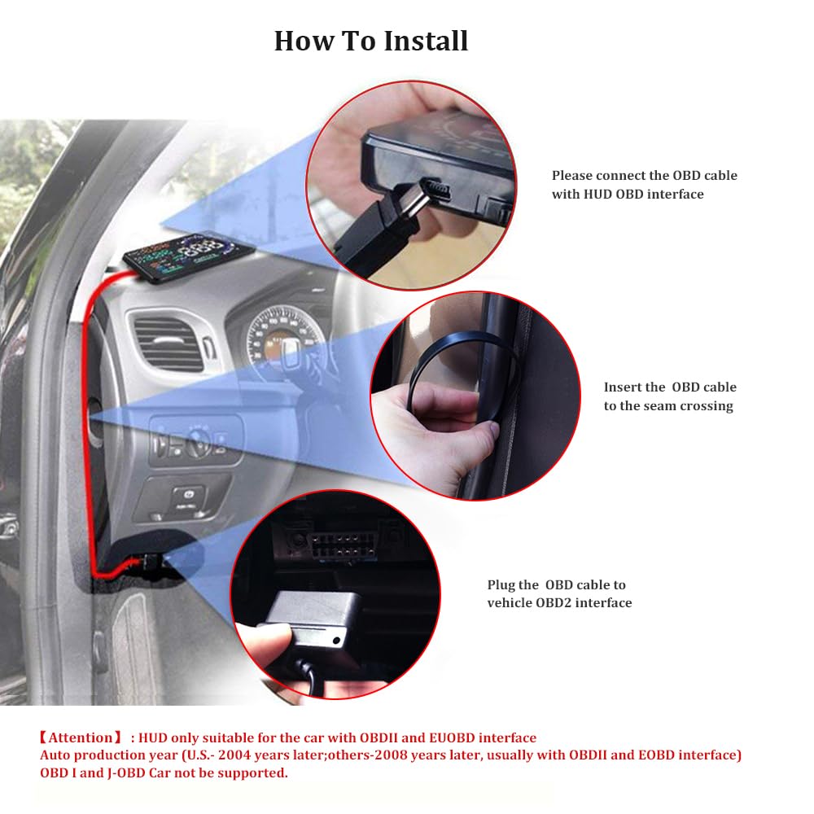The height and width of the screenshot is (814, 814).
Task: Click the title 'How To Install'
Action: tap(371, 41)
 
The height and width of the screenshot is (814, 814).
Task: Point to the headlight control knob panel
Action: tap(195, 442)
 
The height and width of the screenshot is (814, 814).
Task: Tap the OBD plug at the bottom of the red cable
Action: tap(147, 563)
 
